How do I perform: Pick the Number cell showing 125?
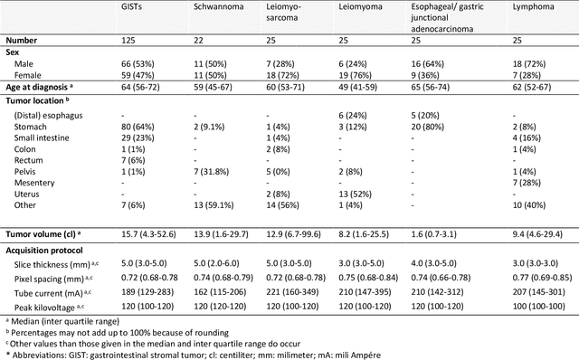130,42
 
